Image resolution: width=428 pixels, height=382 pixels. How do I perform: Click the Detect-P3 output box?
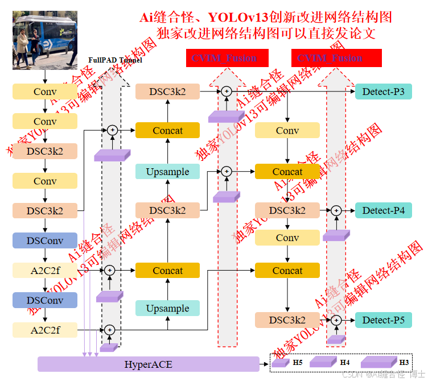384,92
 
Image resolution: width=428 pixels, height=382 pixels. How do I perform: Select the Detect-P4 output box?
384,211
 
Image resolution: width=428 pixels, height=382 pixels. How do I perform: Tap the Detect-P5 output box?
384,320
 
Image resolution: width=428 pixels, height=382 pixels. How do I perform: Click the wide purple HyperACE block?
149,364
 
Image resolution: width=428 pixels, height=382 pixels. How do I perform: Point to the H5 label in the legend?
298,362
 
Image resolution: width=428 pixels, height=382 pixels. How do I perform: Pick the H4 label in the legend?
345,362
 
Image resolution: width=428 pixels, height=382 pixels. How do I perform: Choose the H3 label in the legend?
404,362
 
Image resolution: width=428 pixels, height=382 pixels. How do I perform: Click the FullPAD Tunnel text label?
116,60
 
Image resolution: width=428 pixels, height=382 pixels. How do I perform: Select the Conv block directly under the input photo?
45,92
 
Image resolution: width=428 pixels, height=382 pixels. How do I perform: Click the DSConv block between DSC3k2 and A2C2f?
45,240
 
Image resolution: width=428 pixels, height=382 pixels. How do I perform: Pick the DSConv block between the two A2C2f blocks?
45,300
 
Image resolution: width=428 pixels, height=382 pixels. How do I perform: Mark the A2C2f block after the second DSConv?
45,330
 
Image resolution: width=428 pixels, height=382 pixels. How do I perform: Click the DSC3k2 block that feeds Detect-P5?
287,320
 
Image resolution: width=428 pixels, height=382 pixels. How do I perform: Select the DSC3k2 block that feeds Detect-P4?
287,211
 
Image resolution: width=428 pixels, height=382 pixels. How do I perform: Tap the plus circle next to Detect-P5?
336,320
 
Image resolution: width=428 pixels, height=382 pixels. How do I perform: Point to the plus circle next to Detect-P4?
336,211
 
